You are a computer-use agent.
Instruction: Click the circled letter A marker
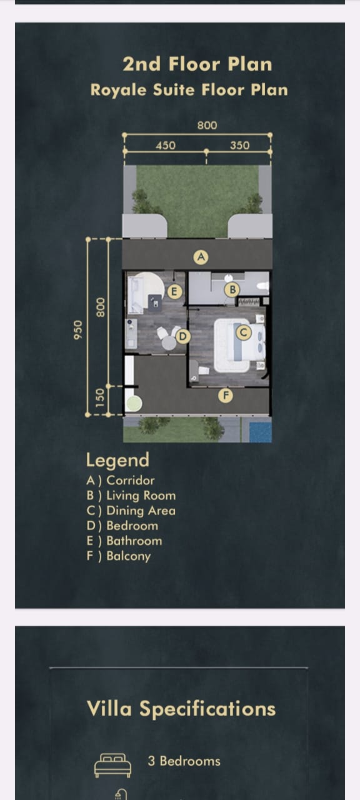(201, 257)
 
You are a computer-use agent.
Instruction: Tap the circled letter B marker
(232, 289)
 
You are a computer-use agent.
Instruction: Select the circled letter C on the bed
(244, 332)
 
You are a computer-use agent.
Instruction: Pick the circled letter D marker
(183, 336)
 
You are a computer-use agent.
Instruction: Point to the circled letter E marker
(174, 292)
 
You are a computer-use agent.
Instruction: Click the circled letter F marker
(226, 396)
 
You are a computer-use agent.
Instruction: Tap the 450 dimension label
(166, 146)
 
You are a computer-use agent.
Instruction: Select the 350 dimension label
(239, 146)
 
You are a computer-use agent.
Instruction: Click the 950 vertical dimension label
(78, 330)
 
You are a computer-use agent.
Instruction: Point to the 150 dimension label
(101, 398)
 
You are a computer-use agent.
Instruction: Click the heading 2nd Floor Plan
(197, 64)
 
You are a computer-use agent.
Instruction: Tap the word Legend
(117, 461)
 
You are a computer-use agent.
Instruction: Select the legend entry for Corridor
(121, 481)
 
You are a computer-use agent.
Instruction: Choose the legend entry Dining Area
(131, 511)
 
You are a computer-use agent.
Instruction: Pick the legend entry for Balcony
(119, 556)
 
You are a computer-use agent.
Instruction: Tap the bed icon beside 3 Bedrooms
(112, 766)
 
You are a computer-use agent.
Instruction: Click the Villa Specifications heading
(181, 709)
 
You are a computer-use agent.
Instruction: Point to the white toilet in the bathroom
(263, 286)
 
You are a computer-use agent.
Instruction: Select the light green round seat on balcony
(134, 403)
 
